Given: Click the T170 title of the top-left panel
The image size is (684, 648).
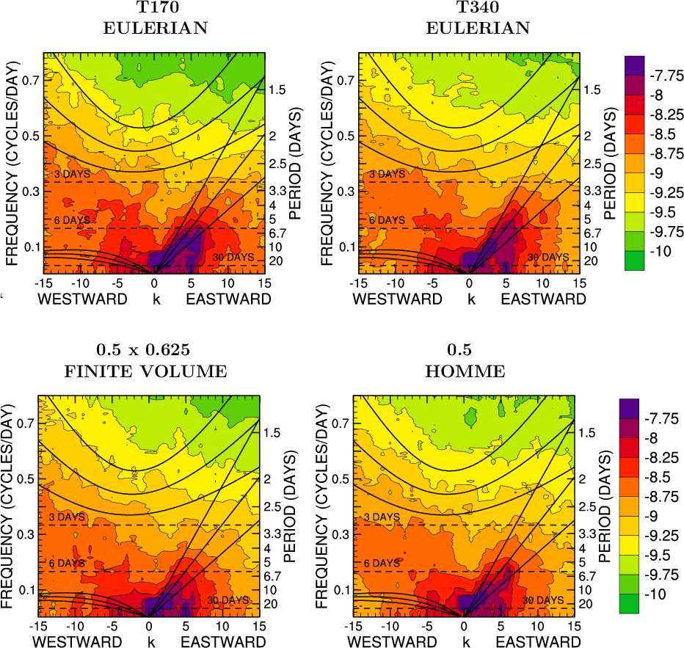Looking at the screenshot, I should click(x=154, y=9).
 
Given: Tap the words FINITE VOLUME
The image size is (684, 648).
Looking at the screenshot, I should click(x=146, y=371).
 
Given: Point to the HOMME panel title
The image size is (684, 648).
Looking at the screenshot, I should click(x=465, y=371).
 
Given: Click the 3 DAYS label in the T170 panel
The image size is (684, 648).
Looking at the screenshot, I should click(x=73, y=174).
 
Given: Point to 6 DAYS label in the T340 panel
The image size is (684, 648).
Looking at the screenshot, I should click(x=387, y=219).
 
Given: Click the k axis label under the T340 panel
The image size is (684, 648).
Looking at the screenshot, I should click(x=471, y=299).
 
